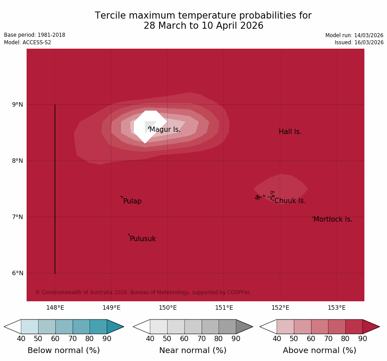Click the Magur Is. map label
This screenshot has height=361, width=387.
(x=165, y=130)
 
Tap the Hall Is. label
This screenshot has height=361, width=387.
(x=290, y=132)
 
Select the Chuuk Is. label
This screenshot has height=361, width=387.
(x=290, y=201)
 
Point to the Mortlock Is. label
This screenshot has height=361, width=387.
(x=332, y=219)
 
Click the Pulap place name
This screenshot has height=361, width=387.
(x=132, y=201)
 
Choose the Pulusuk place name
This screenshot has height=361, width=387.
(x=143, y=239)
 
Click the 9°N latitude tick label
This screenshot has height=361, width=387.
(x=18, y=105)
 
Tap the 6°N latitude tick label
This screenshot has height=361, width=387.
(x=18, y=273)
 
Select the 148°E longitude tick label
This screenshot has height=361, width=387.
(x=55, y=308)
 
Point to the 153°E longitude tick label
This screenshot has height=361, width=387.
(x=336, y=308)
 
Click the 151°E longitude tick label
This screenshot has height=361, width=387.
(x=224, y=308)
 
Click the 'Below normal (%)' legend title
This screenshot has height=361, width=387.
(x=63, y=350)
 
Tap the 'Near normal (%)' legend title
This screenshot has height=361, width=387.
(x=193, y=350)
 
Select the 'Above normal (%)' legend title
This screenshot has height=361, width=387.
(x=320, y=350)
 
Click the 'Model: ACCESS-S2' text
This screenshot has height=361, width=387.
(x=27, y=42)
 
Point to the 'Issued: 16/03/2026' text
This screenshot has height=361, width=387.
(x=359, y=42)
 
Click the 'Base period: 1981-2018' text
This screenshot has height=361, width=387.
(x=35, y=35)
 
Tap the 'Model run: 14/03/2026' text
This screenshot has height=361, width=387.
(x=354, y=35)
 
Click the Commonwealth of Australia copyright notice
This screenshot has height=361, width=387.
(x=143, y=292)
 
